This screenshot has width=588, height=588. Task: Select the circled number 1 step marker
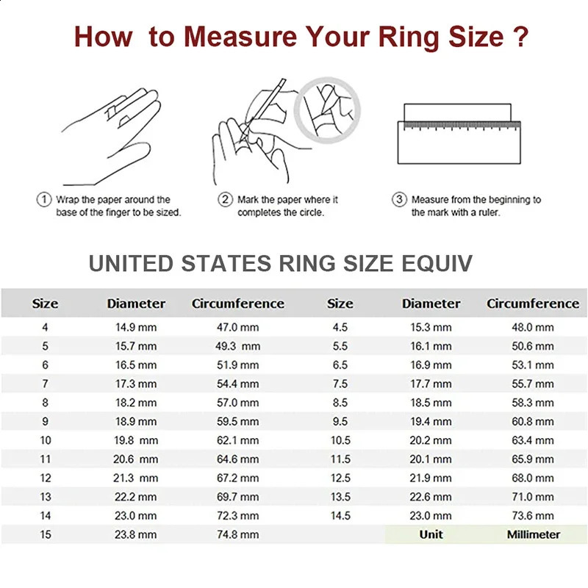43,199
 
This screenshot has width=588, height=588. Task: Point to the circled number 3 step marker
400,199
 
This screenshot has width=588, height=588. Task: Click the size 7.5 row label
340,384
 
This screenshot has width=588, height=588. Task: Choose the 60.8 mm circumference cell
533,422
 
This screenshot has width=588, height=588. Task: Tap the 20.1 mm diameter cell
431,459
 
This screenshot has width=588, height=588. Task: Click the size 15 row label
46,535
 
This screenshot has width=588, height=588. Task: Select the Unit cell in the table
431,534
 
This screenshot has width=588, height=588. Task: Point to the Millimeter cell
533,534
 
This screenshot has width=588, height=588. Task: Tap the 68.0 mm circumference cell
533,478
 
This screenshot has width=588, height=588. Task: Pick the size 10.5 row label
340,440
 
